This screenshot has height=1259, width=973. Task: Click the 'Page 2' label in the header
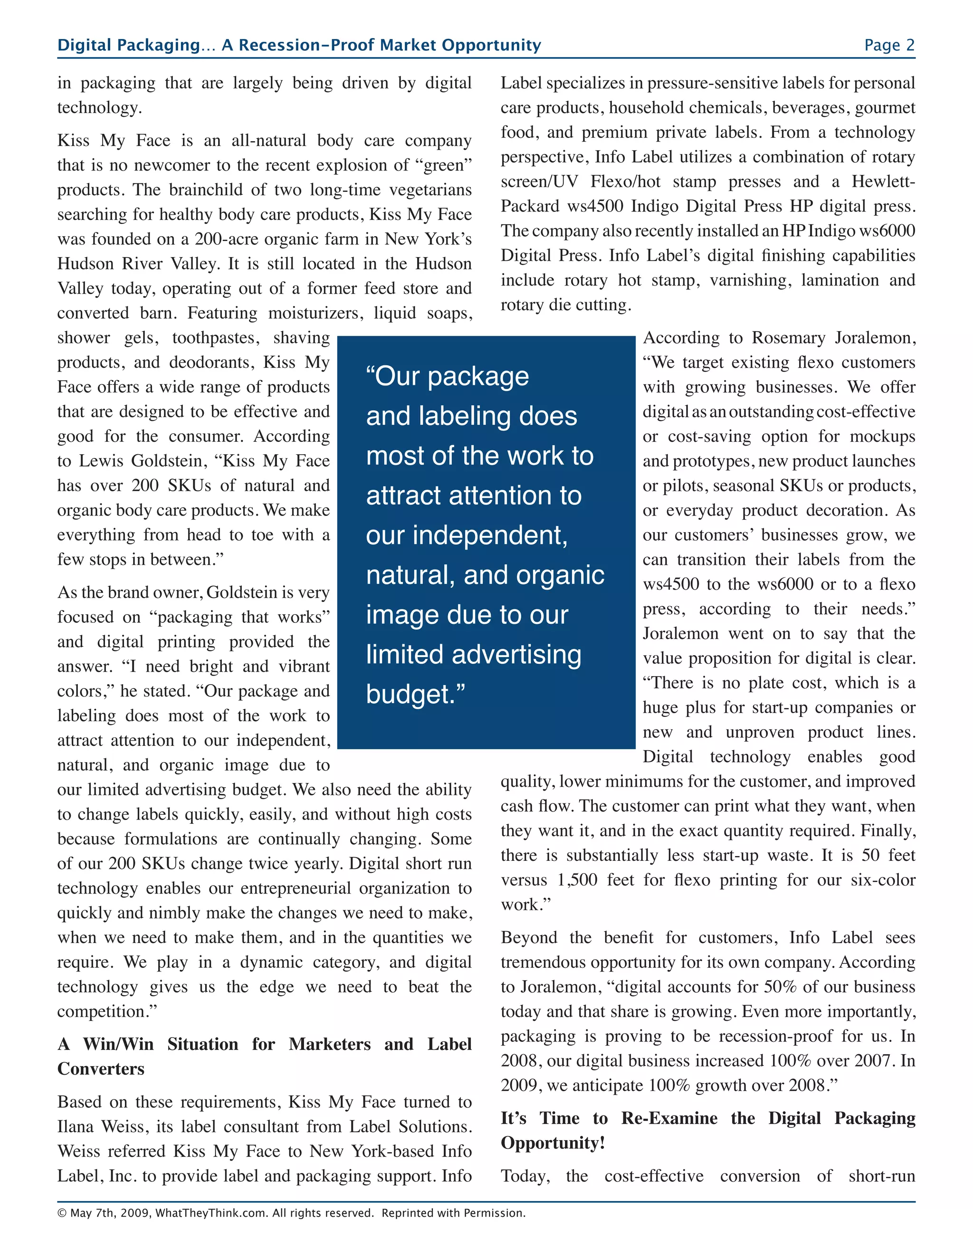tap(889, 45)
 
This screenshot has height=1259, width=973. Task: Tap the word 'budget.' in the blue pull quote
tap(416, 694)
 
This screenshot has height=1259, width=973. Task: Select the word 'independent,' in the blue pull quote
tap(467, 535)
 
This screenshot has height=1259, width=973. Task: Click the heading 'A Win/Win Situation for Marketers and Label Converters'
tap(264, 1056)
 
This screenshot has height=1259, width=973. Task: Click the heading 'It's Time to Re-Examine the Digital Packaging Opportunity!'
tap(707, 1130)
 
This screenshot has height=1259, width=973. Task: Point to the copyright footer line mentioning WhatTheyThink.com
tap(291, 1213)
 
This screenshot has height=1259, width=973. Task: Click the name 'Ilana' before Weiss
tap(76, 1126)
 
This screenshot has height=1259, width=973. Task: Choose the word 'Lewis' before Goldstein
tap(99, 460)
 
